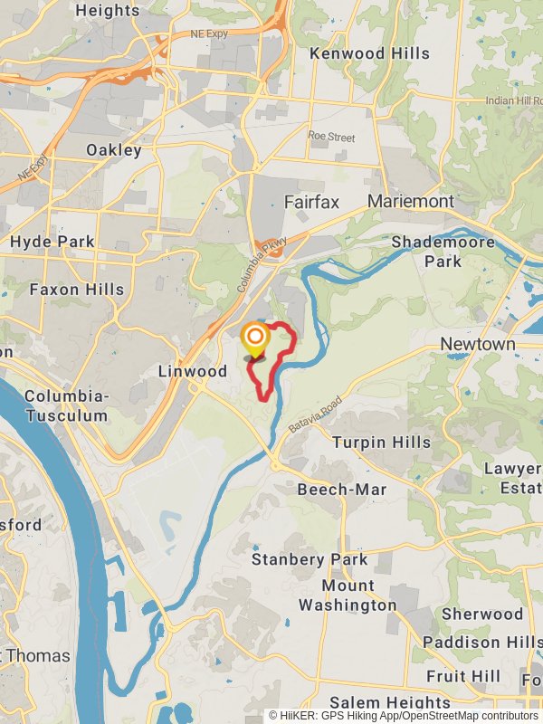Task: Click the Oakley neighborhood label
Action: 114,149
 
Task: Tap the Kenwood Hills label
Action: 369,53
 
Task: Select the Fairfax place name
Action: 311,202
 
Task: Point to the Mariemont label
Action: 411,201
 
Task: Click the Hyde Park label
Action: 52,242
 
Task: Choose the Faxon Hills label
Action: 77,290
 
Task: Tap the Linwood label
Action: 193,371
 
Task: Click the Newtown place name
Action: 478,345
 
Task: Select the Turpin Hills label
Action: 382,443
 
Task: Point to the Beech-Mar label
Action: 342,490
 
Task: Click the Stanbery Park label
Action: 310,559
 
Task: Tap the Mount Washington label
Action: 348,595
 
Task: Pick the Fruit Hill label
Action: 463,676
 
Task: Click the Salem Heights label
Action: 390,702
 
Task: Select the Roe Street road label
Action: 331,137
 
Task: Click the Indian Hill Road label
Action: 513,100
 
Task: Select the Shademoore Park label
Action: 443,252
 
